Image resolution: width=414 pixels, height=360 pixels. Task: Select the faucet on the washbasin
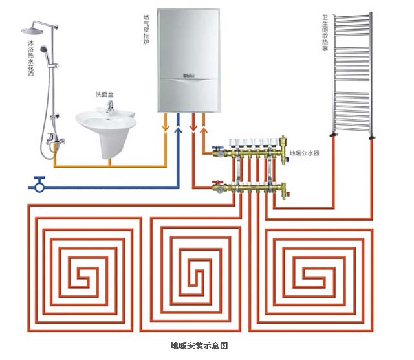109,107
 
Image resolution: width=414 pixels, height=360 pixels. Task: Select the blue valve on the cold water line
39,184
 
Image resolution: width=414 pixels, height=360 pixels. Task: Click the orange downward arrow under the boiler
166,127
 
